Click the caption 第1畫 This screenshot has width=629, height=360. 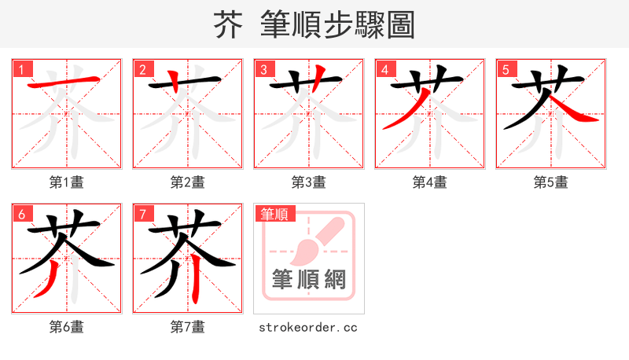click(67, 182)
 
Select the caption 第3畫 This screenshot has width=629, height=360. click(309, 182)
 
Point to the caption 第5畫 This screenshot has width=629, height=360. click(551, 182)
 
